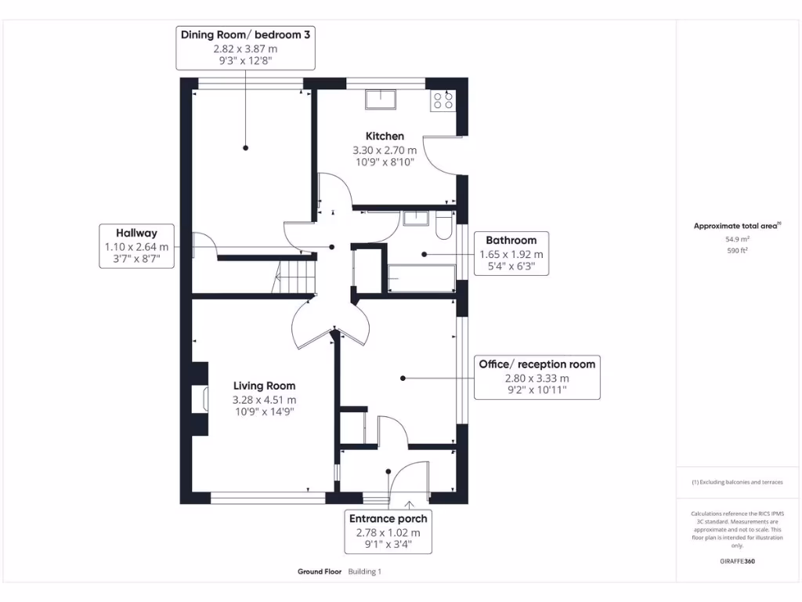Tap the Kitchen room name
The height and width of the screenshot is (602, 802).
384,136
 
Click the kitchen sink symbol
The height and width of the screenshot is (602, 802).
381,99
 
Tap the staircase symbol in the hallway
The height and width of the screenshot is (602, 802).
294,277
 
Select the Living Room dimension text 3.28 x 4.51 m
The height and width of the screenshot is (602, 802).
264,399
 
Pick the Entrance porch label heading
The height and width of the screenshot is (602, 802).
388,519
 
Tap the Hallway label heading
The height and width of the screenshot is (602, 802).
137,233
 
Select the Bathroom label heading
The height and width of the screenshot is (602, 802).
511,241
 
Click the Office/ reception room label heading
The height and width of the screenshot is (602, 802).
536,364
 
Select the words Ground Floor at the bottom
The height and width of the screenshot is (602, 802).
320,571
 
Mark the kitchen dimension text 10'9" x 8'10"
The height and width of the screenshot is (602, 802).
384,161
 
